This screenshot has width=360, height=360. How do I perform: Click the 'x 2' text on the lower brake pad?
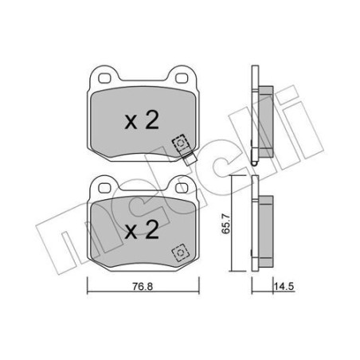[140, 232]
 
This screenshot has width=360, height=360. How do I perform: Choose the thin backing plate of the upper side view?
[253, 119]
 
